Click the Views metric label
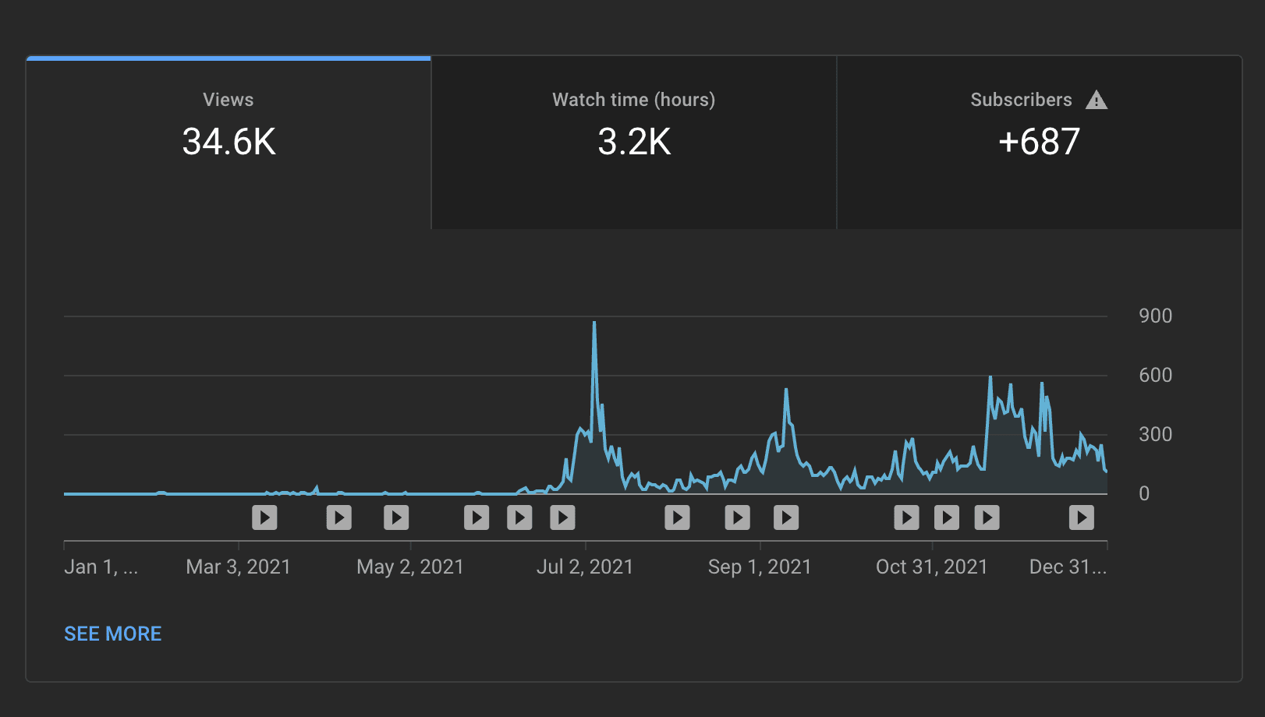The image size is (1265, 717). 228,100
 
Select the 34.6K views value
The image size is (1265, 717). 229,142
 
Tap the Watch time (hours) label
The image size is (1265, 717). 633,100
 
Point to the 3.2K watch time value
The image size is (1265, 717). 634,142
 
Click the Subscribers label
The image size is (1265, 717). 1021,100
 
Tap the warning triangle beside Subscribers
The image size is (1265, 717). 1097,100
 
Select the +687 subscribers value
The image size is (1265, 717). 1039,142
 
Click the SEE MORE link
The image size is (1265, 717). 113,634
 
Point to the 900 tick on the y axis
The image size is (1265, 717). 1155,316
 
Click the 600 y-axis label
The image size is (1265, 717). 1155,375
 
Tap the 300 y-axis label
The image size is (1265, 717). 1155,434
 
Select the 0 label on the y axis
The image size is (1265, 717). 1144,493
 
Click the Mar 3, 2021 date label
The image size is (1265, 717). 238,567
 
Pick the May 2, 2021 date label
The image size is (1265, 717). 410,567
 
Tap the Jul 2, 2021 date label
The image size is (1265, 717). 585,567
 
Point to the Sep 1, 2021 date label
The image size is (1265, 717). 760,567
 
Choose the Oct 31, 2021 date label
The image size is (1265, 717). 932,567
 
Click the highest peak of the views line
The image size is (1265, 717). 594,323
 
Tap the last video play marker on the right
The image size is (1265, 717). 1081,517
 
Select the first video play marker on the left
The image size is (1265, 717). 264,517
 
